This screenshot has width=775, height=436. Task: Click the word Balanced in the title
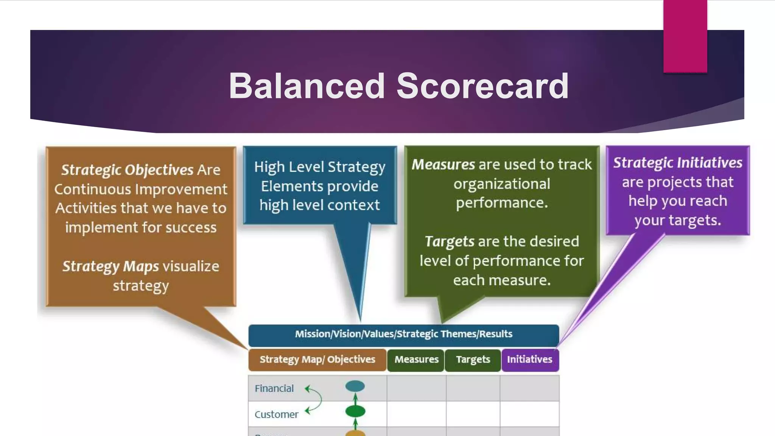[307, 86]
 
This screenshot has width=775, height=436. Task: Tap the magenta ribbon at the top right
[685, 36]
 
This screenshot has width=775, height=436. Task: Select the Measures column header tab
[416, 360]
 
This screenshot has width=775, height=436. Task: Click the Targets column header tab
[473, 360]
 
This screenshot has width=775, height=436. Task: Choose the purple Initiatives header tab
[530, 360]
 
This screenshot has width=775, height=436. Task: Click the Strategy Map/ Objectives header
[317, 360]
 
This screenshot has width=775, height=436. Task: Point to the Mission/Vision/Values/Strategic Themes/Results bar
[403, 334]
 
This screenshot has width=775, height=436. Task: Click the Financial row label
[274, 389]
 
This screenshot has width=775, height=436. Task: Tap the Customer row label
[276, 414]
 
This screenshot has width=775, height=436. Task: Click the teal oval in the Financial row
[355, 386]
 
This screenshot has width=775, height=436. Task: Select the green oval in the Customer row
[355, 411]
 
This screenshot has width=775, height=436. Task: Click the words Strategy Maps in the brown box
[110, 266]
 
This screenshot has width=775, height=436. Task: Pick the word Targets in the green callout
[449, 241]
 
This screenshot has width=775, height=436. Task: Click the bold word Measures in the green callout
[443, 165]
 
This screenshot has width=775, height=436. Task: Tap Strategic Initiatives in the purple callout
[677, 163]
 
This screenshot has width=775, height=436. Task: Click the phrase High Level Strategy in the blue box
[319, 167]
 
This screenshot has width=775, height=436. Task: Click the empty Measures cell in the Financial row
[416, 388]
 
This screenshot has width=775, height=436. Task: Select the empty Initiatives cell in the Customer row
[529, 414]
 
